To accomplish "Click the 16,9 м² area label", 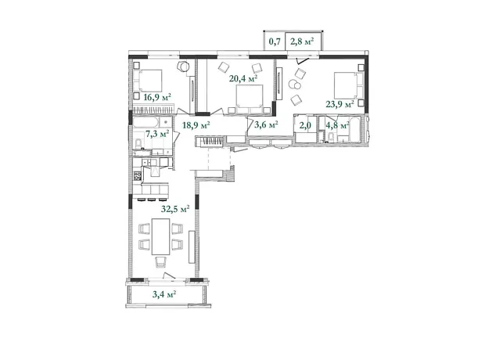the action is click(157, 98).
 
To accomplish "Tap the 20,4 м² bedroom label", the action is click(243, 78).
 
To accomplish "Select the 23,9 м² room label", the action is click(340, 104).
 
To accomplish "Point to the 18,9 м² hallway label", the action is click(196, 125).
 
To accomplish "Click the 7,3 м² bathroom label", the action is click(157, 134).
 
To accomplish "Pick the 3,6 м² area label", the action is click(266, 124).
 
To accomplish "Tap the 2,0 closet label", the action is click(305, 125).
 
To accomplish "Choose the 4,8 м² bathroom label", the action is click(338, 125).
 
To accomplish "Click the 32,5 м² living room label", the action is click(175, 209).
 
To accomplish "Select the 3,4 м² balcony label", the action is click(164, 294).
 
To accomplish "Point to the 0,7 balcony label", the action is click(275, 41).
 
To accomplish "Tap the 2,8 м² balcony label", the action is click(302, 41).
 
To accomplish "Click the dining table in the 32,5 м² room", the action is click(160, 236).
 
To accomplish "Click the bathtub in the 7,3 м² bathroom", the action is click(146, 121).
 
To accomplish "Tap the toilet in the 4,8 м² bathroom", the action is click(331, 136).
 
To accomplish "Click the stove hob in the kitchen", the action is click(138, 176).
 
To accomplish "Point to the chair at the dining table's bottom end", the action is click(160, 262).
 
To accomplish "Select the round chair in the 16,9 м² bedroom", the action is click(184, 67).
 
